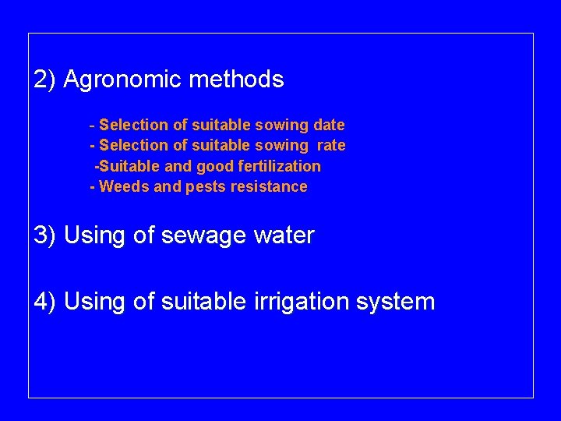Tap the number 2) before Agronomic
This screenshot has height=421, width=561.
point(44,80)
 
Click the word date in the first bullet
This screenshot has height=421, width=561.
point(329,125)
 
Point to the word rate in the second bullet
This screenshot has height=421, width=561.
point(331,145)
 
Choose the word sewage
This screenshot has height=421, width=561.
point(199,235)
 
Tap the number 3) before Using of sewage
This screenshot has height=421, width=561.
point(44,235)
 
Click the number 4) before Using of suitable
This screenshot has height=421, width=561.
point(44,301)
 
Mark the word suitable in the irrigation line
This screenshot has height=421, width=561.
point(204,301)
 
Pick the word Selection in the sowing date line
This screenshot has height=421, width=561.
point(132,125)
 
